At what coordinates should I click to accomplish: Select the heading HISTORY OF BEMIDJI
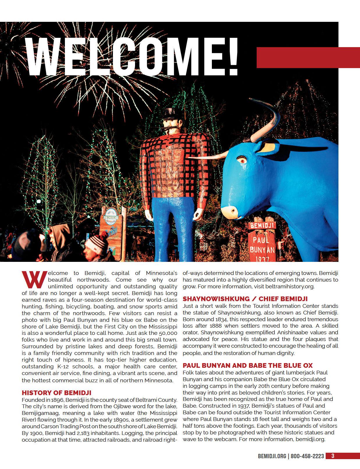click(56, 393)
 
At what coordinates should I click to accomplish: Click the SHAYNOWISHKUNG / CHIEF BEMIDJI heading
click(245, 299)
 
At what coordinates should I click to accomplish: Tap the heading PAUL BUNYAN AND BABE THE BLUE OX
click(248, 366)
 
